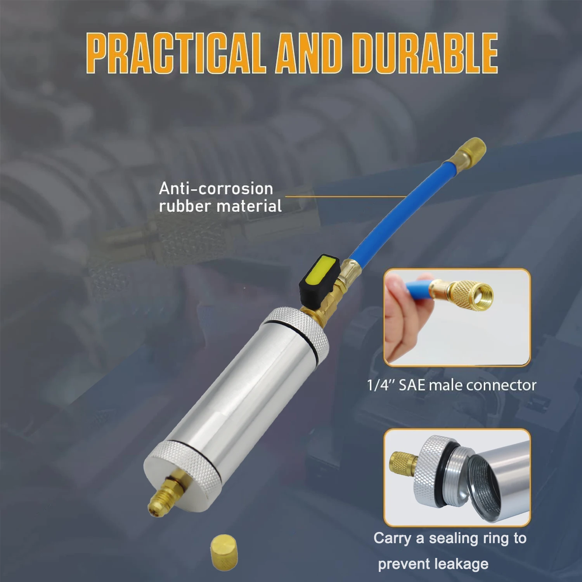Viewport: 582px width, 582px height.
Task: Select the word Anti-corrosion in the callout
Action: pyautogui.click(x=216, y=189)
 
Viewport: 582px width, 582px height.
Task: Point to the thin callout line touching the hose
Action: pyautogui.click(x=345, y=197)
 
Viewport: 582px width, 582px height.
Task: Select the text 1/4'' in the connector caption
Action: pyautogui.click(x=381, y=385)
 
